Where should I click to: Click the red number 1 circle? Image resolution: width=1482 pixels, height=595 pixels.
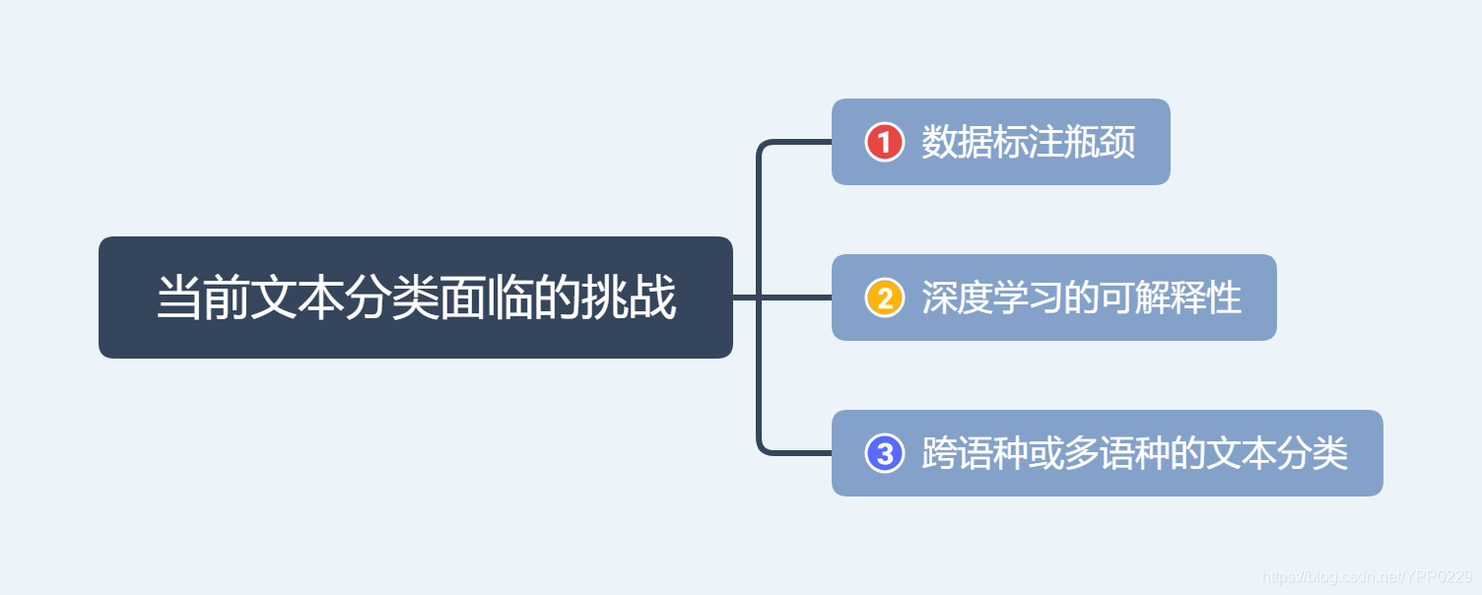(884, 142)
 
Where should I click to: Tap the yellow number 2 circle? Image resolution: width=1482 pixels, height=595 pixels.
(884, 297)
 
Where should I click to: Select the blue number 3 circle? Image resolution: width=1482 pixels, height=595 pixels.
(884, 453)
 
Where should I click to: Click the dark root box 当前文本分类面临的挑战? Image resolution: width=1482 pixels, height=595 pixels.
(415, 297)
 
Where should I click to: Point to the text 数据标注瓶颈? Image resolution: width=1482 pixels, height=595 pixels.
(1028, 142)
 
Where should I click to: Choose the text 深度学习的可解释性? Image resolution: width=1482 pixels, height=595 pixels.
(1081, 297)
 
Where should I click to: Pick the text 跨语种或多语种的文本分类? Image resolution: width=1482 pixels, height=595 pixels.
(1134, 453)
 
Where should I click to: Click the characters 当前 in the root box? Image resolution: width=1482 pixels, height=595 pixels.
(204, 297)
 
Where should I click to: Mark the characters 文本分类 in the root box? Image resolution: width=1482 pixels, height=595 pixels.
(346, 297)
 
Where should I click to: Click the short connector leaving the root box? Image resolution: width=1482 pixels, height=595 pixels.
(744, 297)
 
